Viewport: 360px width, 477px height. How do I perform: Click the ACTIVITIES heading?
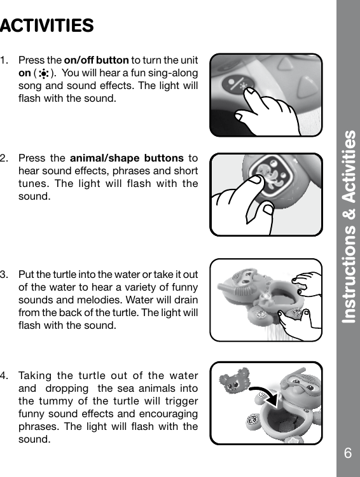48,26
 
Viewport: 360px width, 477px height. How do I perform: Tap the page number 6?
347,453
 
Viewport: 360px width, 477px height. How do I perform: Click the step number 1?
5,60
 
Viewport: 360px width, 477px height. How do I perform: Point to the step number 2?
5,158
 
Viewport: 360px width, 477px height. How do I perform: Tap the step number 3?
5,275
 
